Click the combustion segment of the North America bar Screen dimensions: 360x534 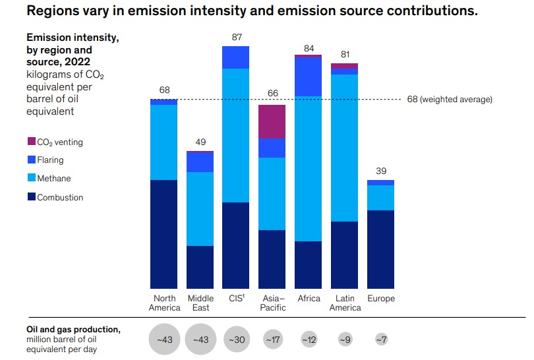pyautogui.click(x=164, y=234)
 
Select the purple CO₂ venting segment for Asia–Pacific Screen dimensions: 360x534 pyautogui.click(x=272, y=121)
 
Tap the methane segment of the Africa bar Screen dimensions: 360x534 pyautogui.click(x=309, y=169)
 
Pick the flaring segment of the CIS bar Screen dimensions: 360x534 pyautogui.click(x=236, y=57)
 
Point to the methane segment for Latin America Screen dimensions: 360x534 pyautogui.click(x=344, y=148)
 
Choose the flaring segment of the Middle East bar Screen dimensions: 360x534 pyautogui.click(x=200, y=162)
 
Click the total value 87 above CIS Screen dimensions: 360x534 pyautogui.click(x=237, y=37)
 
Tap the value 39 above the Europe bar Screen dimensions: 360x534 pyautogui.click(x=380, y=171)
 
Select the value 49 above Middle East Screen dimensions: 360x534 pyautogui.click(x=200, y=142)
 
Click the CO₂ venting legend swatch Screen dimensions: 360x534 pyautogui.click(x=31, y=142)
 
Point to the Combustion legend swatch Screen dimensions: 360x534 pyautogui.click(x=31, y=197)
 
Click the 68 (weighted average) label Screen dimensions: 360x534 pyautogui.click(x=450, y=100)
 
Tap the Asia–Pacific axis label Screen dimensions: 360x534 pyautogui.click(x=272, y=303)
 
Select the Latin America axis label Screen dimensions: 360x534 pyautogui.click(x=345, y=303)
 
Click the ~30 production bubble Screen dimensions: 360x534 pyautogui.click(x=236, y=340)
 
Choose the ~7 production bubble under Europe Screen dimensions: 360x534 pyautogui.click(x=380, y=340)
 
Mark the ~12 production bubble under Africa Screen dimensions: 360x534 pyautogui.click(x=309, y=340)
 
